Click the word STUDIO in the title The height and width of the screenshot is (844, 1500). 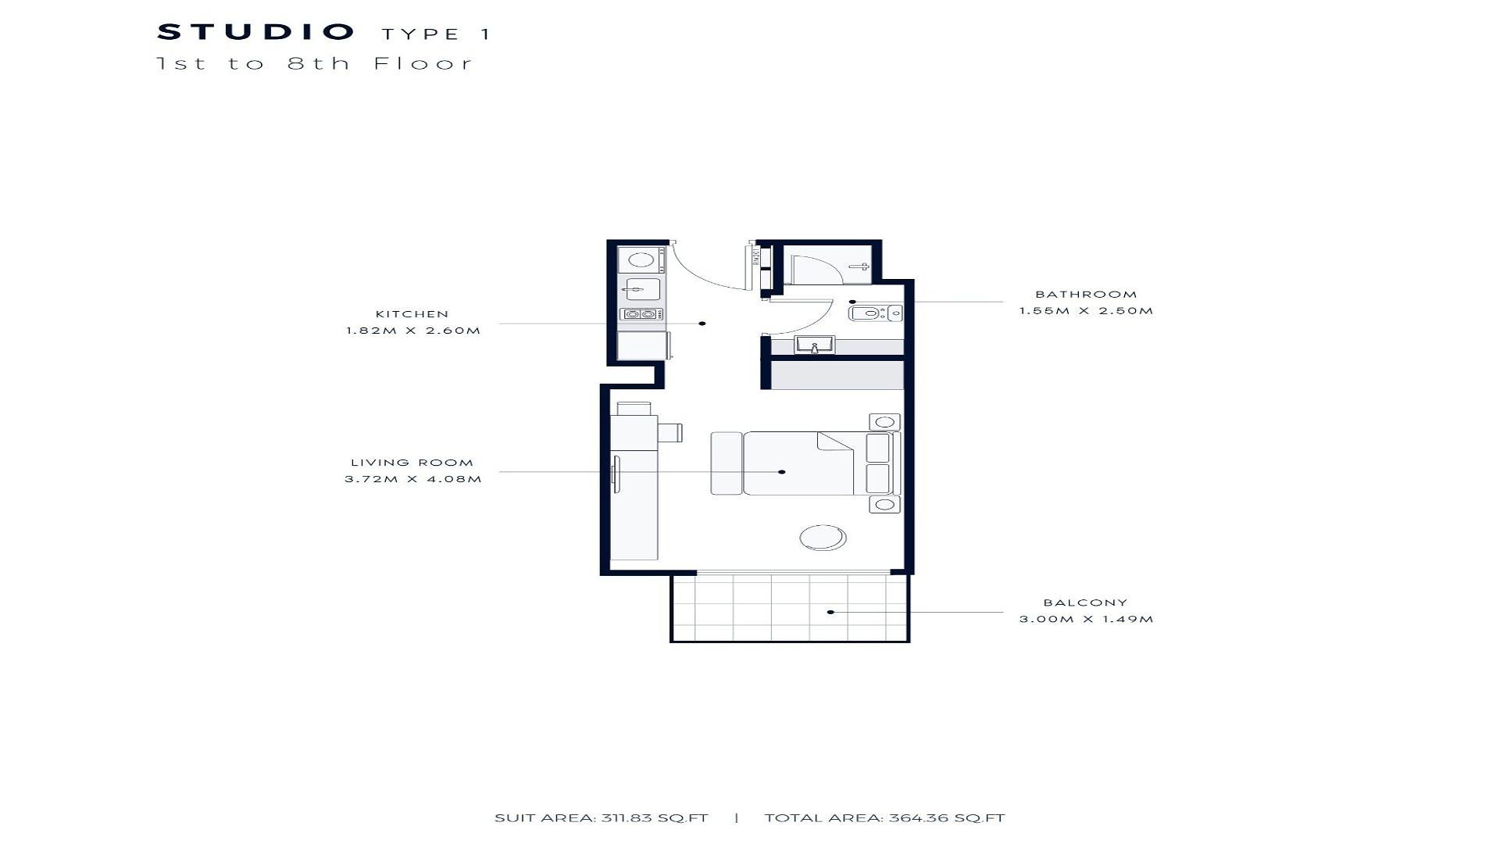pos(256,32)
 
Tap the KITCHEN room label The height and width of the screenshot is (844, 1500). pos(412,314)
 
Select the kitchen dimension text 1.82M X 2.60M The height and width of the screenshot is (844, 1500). pos(413,331)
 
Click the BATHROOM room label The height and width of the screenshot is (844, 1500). pos(1086,295)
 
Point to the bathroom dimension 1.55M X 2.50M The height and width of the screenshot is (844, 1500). pos(1086,311)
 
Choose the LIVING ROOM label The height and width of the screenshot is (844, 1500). pos(412,463)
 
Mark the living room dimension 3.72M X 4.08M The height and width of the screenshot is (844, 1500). pos(413,479)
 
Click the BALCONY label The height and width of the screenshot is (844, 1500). pos(1085,603)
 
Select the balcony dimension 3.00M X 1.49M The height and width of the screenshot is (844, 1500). pos(1086,619)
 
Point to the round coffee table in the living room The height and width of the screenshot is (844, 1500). pos(823,538)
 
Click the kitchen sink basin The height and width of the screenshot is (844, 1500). pos(641,290)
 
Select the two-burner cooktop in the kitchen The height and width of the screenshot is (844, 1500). pos(641,315)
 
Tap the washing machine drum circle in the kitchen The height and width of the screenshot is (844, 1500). pos(641,259)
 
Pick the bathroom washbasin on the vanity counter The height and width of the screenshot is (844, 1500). pos(815,345)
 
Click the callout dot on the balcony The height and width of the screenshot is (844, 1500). pos(830,612)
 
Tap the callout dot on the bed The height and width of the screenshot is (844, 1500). pos(782,472)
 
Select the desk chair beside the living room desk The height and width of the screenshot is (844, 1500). pos(670,432)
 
